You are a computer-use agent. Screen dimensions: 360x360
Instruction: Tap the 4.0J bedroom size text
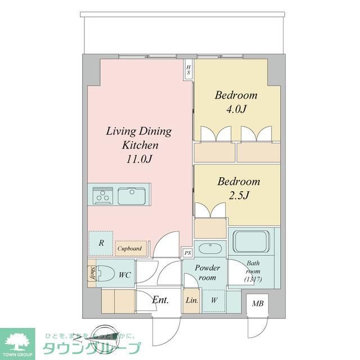point(236,109)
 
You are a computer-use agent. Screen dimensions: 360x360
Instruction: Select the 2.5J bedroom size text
point(239,196)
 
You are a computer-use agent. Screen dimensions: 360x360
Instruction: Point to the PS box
point(187,253)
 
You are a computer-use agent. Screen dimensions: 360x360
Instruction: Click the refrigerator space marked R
point(101,243)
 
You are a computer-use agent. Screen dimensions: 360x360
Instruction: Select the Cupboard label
point(129,248)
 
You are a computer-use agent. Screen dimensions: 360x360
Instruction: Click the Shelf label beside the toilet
point(91,274)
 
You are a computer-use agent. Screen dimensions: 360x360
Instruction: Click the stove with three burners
point(103,196)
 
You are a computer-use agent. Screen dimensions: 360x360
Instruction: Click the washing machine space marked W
point(214,300)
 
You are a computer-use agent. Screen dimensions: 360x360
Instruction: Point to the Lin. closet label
point(191,300)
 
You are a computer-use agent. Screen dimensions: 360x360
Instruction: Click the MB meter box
point(258,304)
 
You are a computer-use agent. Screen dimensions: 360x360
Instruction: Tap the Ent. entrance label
point(160,300)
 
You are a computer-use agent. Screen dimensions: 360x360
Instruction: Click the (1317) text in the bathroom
point(253,280)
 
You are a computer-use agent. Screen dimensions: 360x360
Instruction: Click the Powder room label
point(208,273)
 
